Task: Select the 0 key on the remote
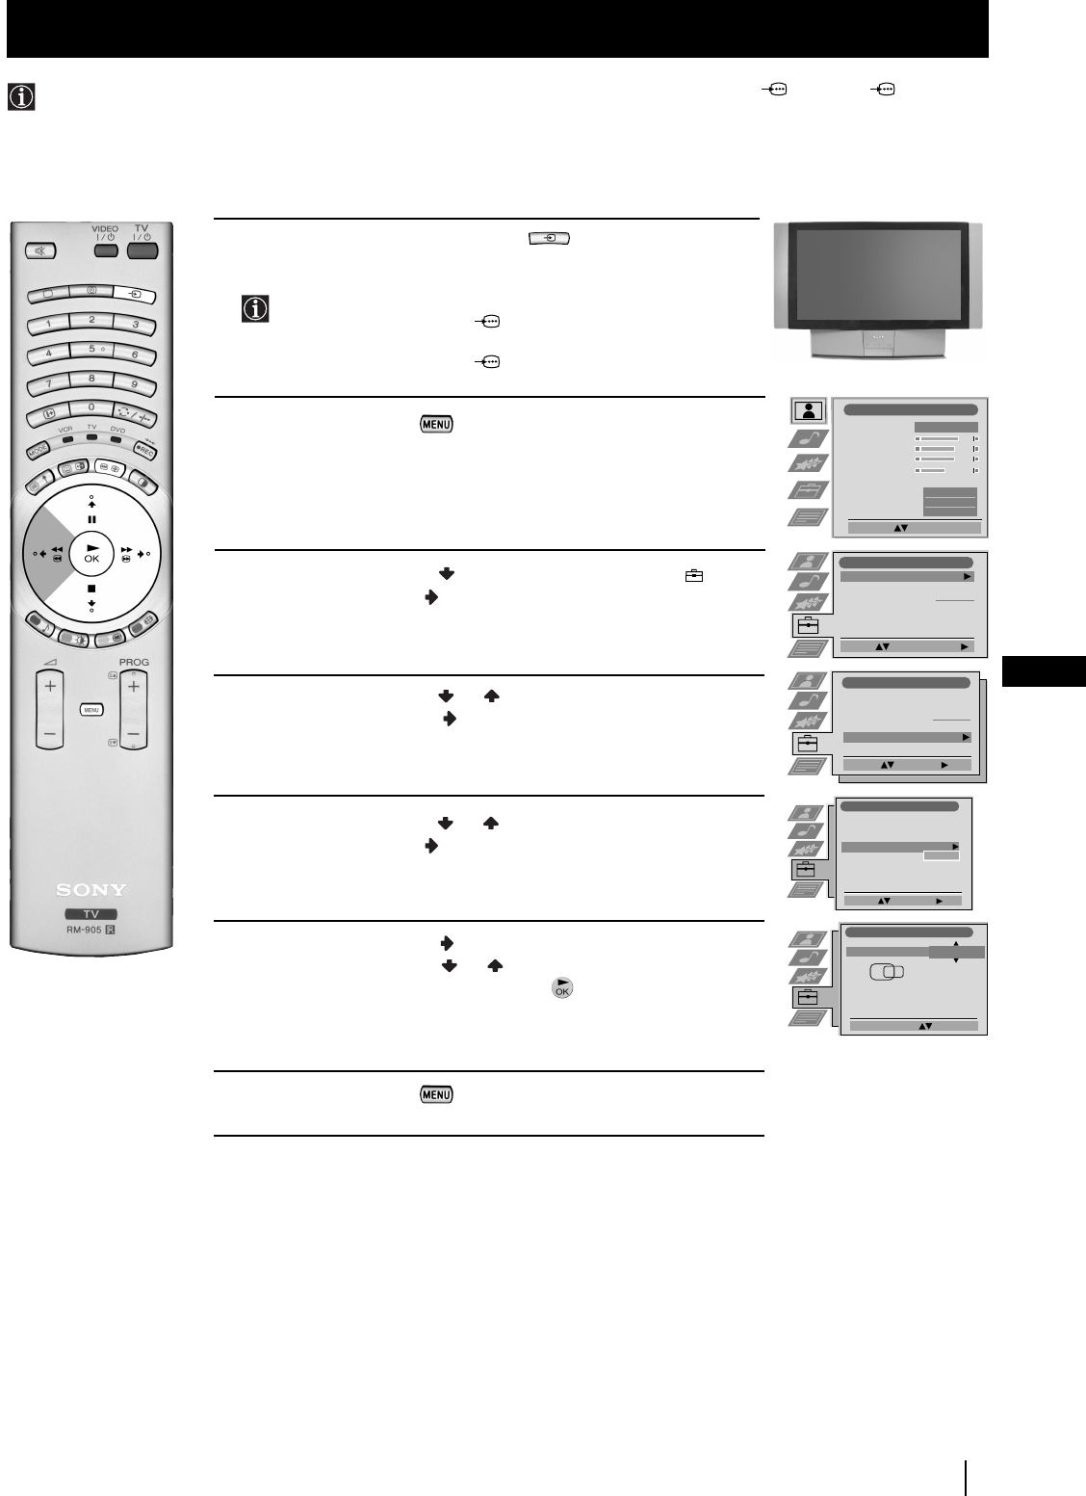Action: click(91, 408)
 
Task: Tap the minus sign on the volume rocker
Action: click(49, 734)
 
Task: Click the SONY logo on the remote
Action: click(90, 889)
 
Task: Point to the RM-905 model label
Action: click(90, 931)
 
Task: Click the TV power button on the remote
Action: click(141, 250)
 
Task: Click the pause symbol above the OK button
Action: click(91, 518)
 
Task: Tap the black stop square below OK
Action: click(91, 589)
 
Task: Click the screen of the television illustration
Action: click(878, 276)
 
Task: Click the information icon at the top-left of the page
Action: click(20, 97)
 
